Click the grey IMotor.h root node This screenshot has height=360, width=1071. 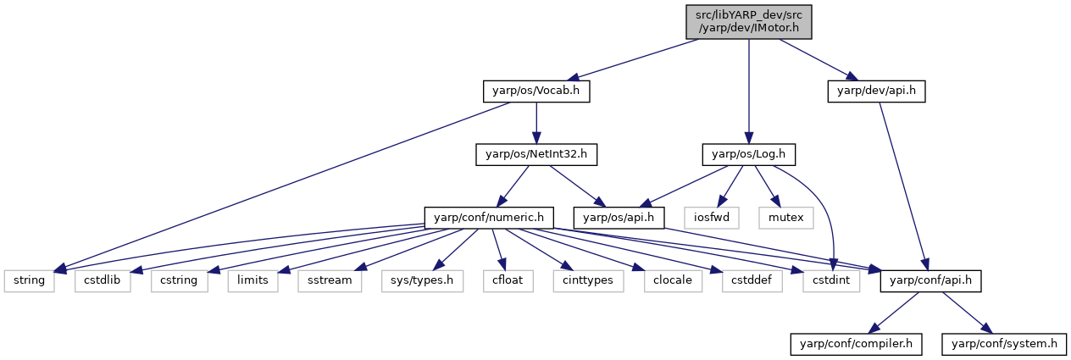tap(749, 22)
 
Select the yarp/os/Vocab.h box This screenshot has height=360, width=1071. tap(536, 91)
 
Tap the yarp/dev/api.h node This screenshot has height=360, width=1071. tap(876, 91)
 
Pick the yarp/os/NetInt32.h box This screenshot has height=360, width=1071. tap(536, 154)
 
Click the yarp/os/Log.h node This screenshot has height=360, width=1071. tap(749, 154)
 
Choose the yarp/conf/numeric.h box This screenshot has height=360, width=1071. tap(489, 218)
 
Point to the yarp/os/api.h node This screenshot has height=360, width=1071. tap(619, 218)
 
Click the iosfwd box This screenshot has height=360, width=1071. tap(712, 218)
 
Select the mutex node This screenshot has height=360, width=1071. tap(786, 218)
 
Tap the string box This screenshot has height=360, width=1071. tap(29, 280)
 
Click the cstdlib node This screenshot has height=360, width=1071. tap(103, 280)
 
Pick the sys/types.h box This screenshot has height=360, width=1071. tap(422, 280)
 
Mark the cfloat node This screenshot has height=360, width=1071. tap(508, 280)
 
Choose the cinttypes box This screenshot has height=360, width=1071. tap(588, 280)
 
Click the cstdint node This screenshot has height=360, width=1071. tap(831, 280)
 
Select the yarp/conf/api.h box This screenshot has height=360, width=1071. tap(930, 280)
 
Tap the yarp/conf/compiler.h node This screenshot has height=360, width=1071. tap(856, 344)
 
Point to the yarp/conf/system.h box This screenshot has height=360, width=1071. tap(1004, 344)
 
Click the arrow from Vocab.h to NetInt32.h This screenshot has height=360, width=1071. tap(536, 123)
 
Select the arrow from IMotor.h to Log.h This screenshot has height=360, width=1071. tap(749, 91)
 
